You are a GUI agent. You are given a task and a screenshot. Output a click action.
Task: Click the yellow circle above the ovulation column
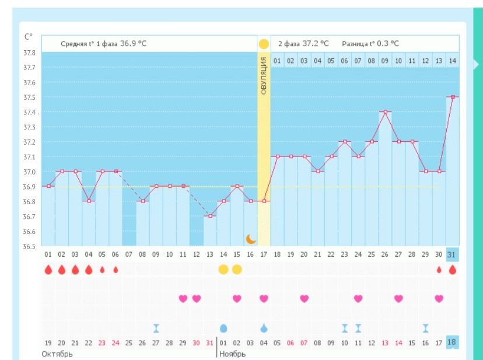[264, 44]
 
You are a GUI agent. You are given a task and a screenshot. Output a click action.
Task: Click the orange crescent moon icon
[251, 238]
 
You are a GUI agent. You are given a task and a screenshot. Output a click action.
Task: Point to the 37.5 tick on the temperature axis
[29, 97]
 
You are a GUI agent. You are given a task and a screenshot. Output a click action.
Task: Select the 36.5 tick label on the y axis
[29, 247]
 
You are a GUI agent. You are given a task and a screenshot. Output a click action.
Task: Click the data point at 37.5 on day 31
[452, 97]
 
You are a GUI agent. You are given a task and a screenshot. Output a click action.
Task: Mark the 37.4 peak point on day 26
[384, 111]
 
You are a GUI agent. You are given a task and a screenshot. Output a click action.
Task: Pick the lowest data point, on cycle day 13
[209, 216]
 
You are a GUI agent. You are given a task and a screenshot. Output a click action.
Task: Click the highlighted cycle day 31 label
[452, 255]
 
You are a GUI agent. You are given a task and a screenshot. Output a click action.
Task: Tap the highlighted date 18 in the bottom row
[452, 342]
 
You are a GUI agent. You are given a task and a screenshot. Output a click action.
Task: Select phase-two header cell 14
[452, 61]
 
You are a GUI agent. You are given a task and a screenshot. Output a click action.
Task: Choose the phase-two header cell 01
[277, 61]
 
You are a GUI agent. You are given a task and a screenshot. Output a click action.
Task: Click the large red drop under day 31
[452, 270]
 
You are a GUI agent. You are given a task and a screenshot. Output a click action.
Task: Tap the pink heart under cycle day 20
[304, 299]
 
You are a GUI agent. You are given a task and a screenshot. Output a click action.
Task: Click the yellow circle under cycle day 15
[236, 270]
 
